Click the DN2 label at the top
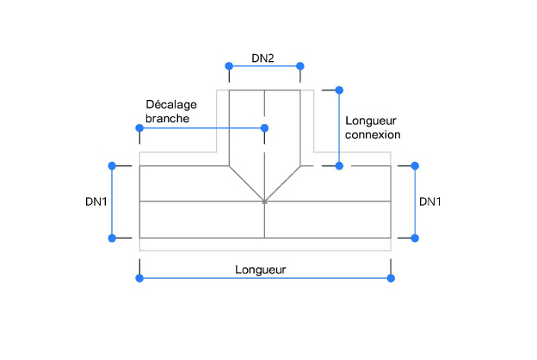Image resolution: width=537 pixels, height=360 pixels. tap(262, 59)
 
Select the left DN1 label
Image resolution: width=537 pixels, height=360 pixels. tap(96, 202)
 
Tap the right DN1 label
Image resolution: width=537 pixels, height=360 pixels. tap(430, 202)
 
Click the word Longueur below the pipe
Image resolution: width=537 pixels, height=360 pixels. tap(261, 269)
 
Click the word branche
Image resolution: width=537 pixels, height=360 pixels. tap(166, 119)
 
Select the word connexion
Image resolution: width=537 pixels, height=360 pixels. tap(372, 135)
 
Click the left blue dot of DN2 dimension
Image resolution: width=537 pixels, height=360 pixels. tap(229, 66)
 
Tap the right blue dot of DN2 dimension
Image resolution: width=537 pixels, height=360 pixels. tap(300, 66)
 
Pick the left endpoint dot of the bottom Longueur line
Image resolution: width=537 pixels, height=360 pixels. tap(139, 277)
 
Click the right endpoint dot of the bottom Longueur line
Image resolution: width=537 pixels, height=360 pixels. tap(392, 277)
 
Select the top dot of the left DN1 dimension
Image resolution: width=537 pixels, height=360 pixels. tap(111, 165)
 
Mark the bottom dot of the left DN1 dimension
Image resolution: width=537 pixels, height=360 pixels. tap(111, 238)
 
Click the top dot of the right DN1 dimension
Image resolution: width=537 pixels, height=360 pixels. tap(416, 165)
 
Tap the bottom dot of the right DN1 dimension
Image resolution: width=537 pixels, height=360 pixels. tap(416, 238)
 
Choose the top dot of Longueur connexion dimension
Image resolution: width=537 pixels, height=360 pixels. tap(339, 90)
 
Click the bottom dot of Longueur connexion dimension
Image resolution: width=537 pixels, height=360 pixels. tap(339, 165)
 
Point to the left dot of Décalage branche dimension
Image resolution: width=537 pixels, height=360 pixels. tap(139, 128)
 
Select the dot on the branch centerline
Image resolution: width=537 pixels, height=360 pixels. tap(264, 128)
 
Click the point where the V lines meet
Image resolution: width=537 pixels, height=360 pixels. tap(264, 202)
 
